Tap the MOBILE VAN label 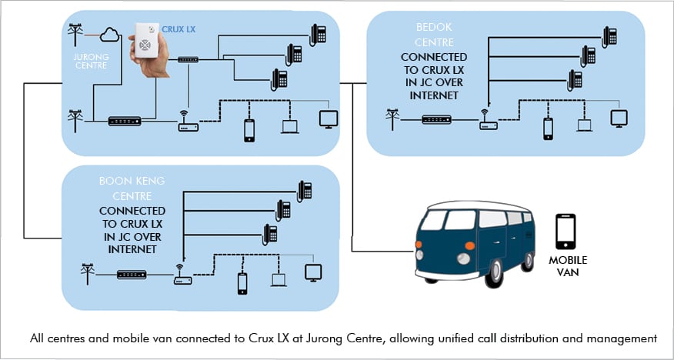[x=567, y=266]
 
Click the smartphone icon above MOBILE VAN [x=566, y=230]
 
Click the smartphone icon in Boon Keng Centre [x=242, y=283]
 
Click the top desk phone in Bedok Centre [x=609, y=35]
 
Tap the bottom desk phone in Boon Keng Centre [x=269, y=233]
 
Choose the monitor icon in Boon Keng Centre [x=313, y=272]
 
